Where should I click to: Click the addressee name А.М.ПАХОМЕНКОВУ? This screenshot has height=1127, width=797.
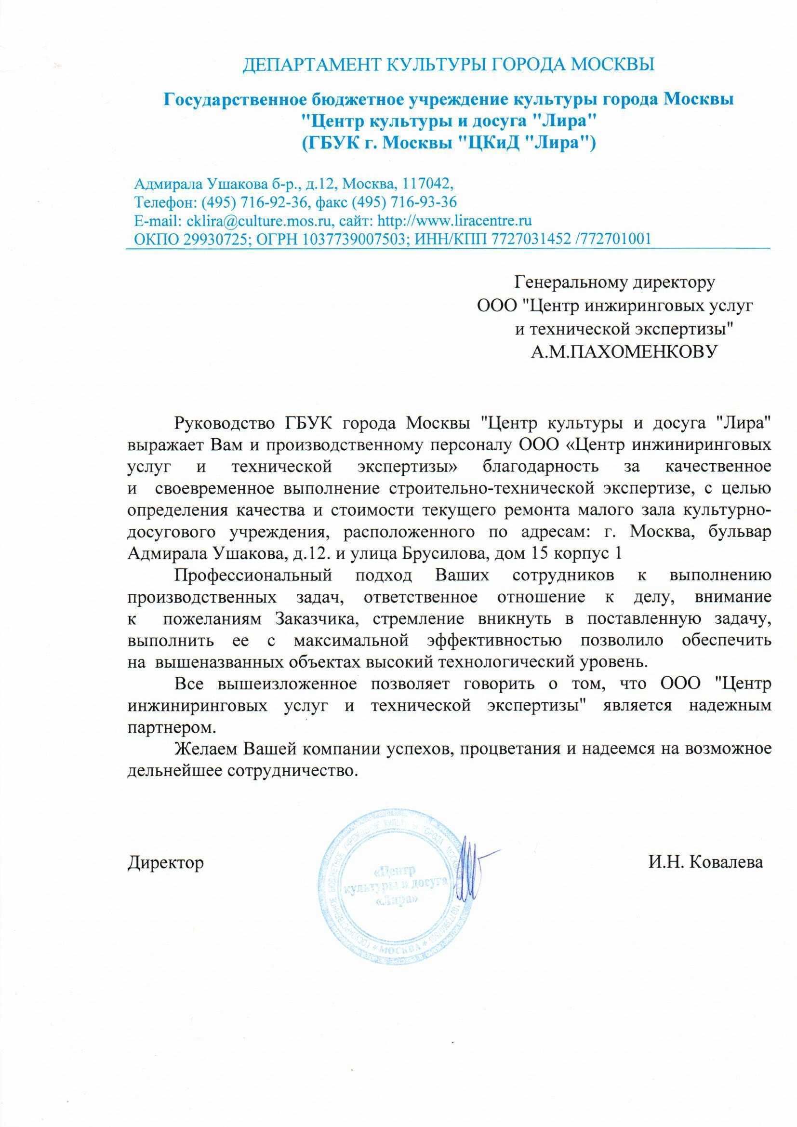617,351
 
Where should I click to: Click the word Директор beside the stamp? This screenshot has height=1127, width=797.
165,862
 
